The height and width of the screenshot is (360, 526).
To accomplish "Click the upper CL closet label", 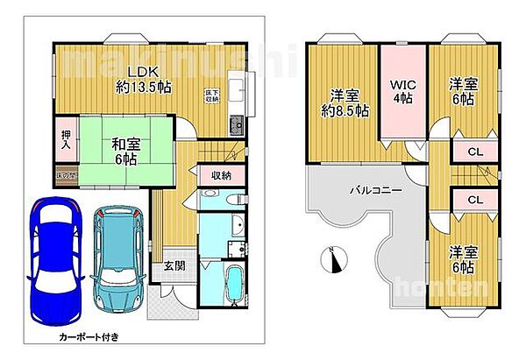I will point(474,151).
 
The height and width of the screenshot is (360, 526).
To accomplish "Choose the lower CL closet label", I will point(474,200).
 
